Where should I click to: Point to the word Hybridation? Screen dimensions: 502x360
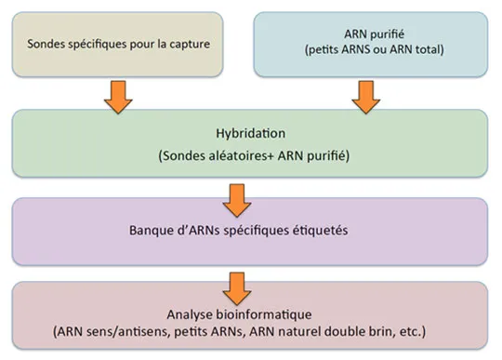click(x=251, y=133)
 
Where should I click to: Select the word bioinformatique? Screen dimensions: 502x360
click(x=264, y=314)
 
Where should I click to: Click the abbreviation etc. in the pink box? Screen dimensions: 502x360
click(x=410, y=332)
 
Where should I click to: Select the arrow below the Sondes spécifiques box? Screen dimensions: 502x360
click(x=118, y=97)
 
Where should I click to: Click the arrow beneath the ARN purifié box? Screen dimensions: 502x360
click(x=366, y=97)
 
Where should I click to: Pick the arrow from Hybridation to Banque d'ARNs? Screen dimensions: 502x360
click(x=237, y=201)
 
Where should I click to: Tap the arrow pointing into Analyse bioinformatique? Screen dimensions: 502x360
click(x=237, y=288)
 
